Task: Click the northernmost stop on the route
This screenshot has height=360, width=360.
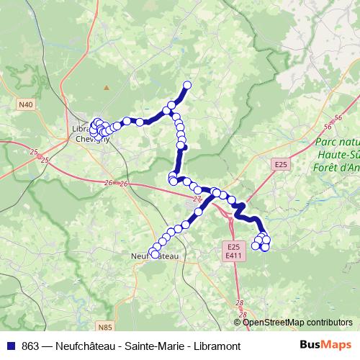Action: point(187,86)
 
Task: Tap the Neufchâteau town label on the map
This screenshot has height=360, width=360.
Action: point(156,255)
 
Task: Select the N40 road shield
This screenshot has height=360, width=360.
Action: point(26,105)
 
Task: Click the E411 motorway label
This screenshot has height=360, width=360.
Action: point(233,256)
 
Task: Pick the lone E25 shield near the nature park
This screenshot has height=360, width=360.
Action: point(281,165)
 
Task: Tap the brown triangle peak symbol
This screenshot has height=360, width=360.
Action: point(107,88)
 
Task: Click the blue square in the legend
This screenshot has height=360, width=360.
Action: point(11,346)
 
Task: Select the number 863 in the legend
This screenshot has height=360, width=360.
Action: point(31,346)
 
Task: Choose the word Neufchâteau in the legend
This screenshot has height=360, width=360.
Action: point(79,346)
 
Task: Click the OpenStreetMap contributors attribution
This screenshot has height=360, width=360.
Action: point(297,323)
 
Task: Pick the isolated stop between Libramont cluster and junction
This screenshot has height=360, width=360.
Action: point(140,122)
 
